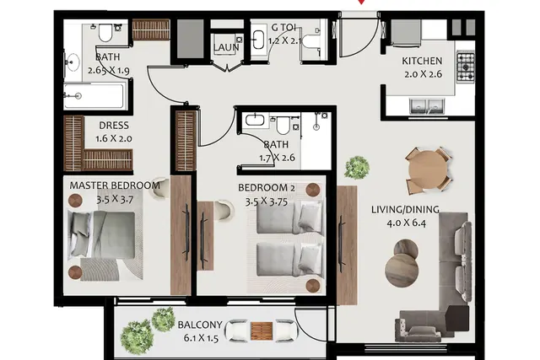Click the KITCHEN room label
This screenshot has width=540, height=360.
(422, 61)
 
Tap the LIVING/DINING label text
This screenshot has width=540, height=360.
(405, 209)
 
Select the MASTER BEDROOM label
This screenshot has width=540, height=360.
(115, 185)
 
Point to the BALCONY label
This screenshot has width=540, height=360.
(200, 325)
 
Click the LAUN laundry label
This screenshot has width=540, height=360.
(226, 47)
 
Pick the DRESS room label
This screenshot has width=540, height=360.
(114, 126)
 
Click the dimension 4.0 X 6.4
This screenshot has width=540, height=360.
(407, 223)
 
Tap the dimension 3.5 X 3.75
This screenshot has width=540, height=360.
(267, 201)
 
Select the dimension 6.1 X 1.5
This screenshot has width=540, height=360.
(201, 338)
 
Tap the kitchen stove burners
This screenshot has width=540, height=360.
(466, 67)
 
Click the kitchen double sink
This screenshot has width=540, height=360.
(427, 105)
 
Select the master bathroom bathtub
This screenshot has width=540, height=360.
(94, 96)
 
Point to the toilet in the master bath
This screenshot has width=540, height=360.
(105, 32)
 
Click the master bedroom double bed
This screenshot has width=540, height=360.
(101, 234)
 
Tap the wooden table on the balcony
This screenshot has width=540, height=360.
(262, 330)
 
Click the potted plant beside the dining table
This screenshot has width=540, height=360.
(357, 168)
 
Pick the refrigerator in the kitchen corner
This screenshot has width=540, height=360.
(406, 33)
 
